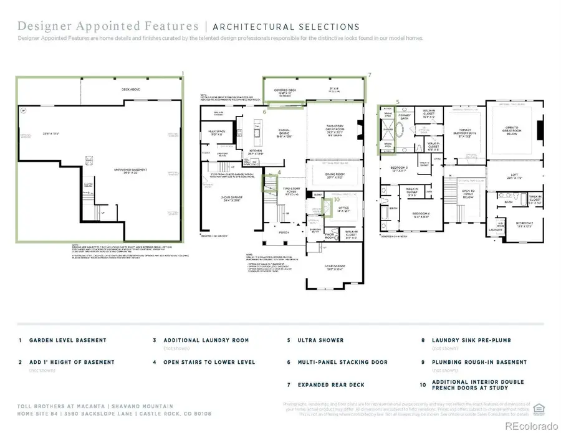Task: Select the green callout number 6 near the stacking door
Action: click(x=265, y=112)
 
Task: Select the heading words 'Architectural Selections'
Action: click(x=286, y=27)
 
